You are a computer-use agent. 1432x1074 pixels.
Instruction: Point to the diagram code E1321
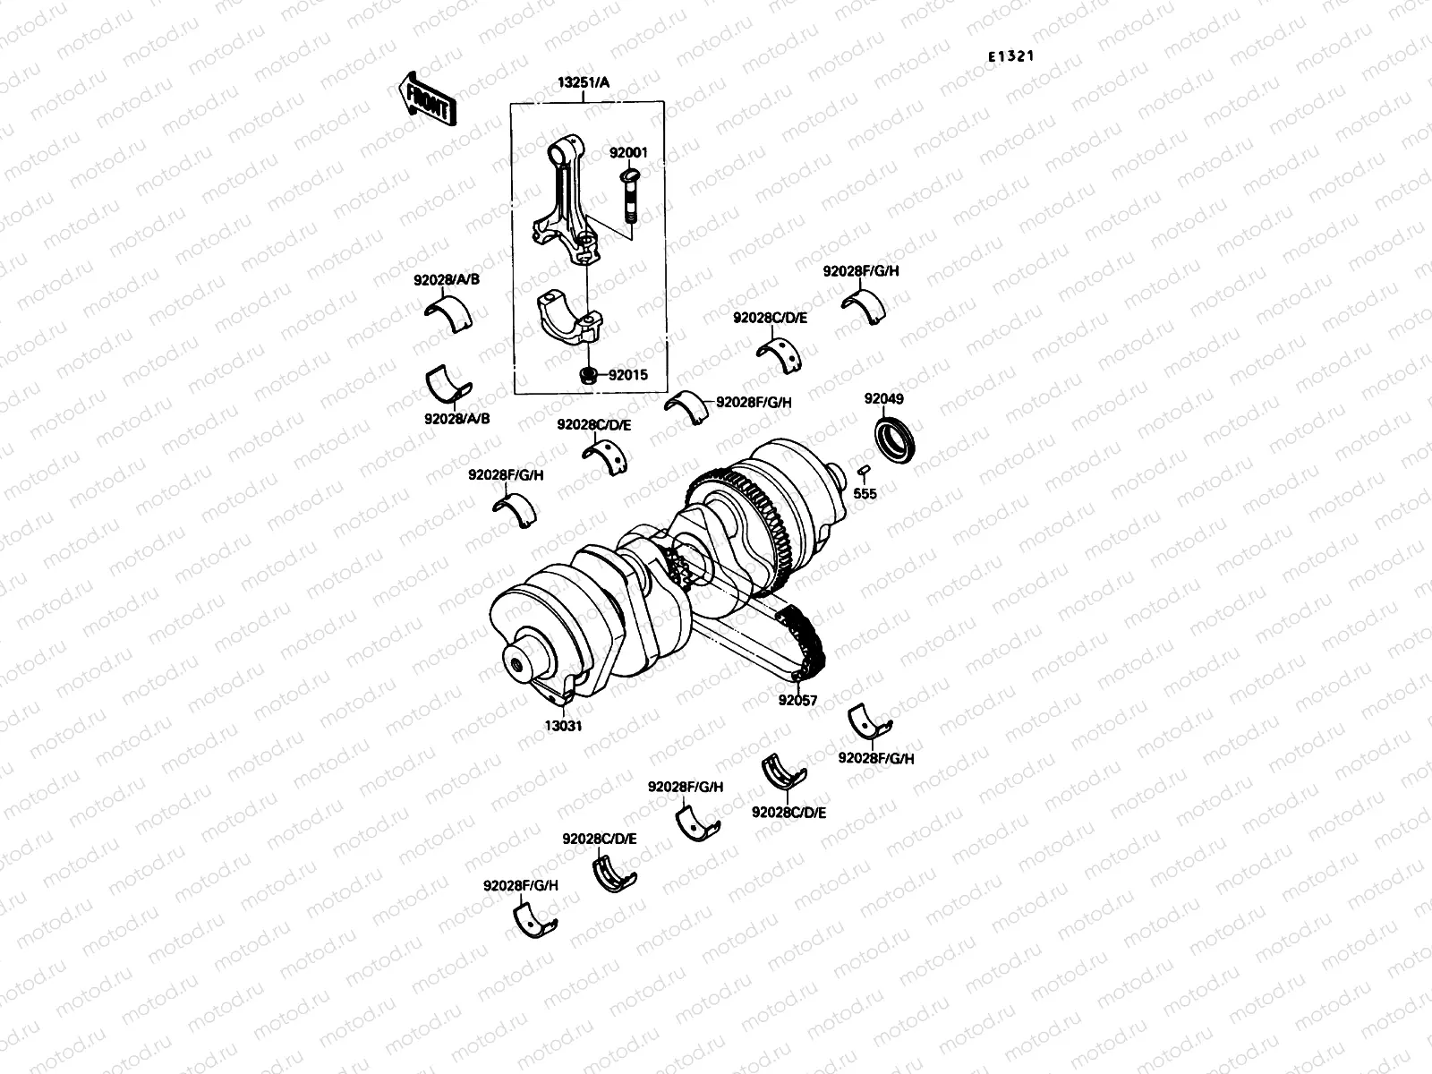tap(1011, 55)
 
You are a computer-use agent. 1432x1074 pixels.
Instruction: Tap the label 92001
tap(628, 153)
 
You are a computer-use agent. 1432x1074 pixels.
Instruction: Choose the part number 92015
tap(628, 376)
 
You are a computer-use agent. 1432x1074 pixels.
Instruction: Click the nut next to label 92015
tap(587, 376)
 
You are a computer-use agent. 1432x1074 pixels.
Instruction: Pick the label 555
tap(865, 493)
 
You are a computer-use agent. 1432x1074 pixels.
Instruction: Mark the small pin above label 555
tap(864, 471)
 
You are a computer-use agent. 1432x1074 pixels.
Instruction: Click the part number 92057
tap(797, 701)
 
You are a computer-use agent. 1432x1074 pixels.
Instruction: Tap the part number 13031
tap(564, 726)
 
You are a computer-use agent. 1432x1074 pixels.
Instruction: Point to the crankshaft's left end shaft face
tap(516, 666)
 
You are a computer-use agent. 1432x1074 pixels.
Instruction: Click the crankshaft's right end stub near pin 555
tap(838, 475)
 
